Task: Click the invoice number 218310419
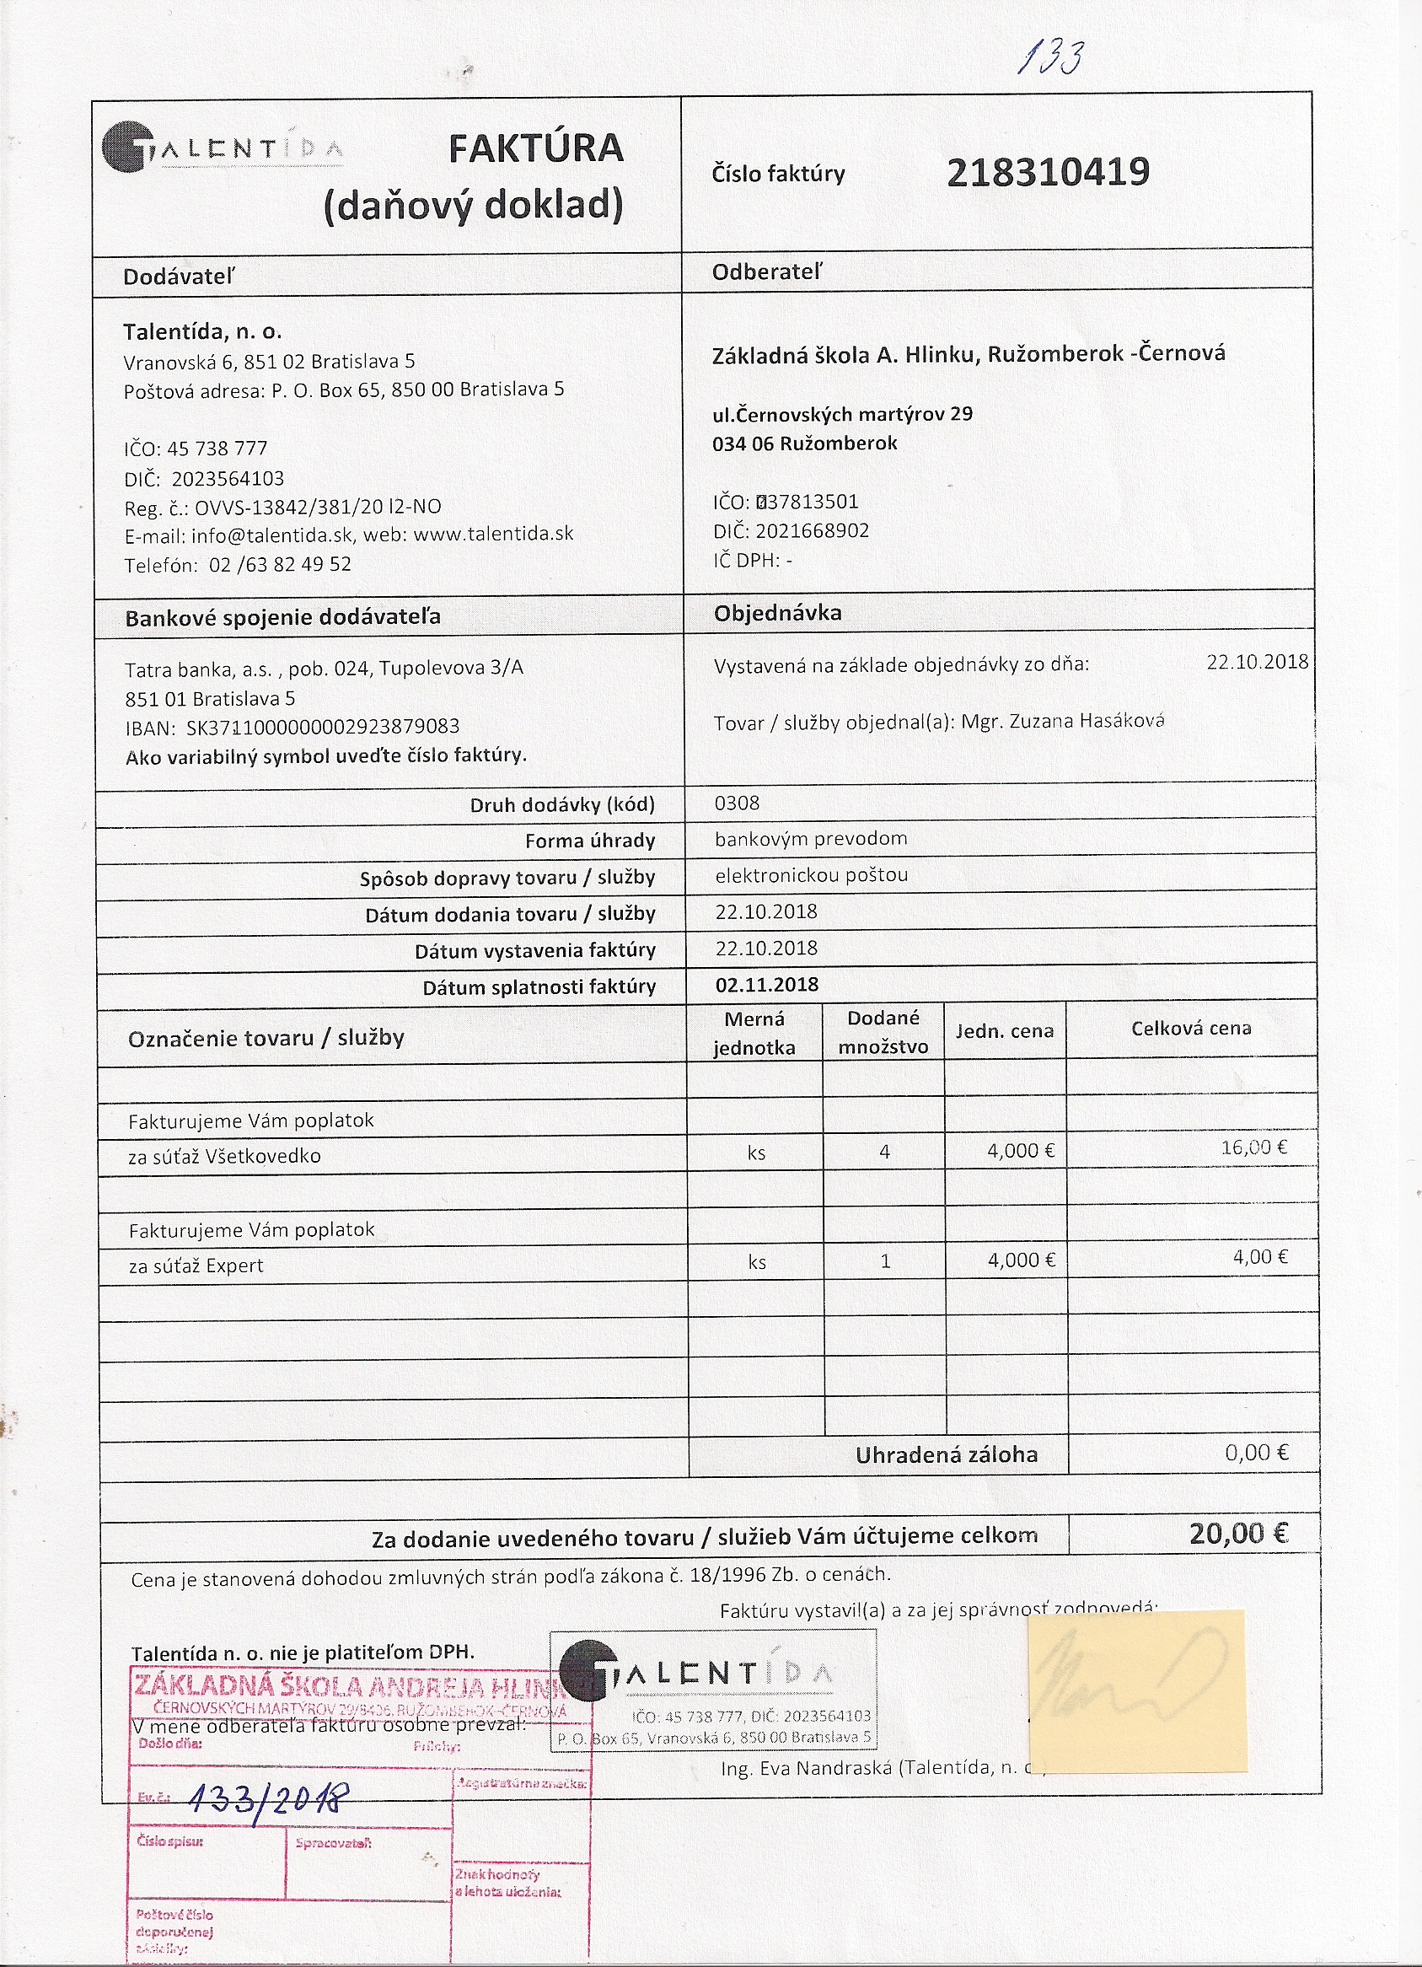pyautogui.click(x=1048, y=173)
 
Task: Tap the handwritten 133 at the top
pyautogui.click(x=1050, y=60)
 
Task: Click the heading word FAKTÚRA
pyautogui.click(x=536, y=148)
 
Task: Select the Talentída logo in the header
pyautogui.click(x=222, y=148)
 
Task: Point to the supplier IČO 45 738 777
pyautogui.click(x=217, y=449)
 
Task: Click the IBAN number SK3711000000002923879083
pyautogui.click(x=323, y=727)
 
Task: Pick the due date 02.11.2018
pyautogui.click(x=766, y=985)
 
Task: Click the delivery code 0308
pyautogui.click(x=737, y=803)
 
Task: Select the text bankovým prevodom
pyautogui.click(x=811, y=839)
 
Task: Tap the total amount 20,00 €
pyautogui.click(x=1238, y=1534)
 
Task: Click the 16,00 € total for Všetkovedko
pyautogui.click(x=1253, y=1147)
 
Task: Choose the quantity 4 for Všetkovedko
pyautogui.click(x=884, y=1152)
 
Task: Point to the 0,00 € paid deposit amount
pyautogui.click(x=1257, y=1453)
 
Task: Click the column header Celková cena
pyautogui.click(x=1190, y=1029)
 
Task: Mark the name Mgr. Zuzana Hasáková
pyautogui.click(x=1062, y=721)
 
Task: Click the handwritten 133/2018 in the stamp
pyautogui.click(x=269, y=1803)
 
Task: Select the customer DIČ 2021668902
pyautogui.click(x=812, y=531)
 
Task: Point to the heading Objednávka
pyautogui.click(x=777, y=613)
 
